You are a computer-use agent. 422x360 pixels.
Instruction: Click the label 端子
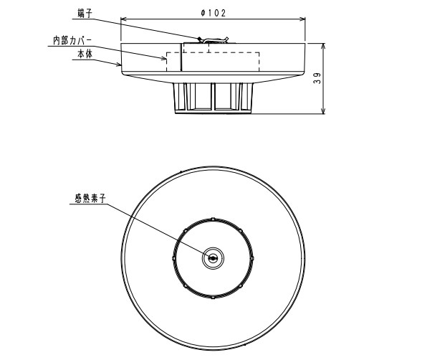pos(85,12)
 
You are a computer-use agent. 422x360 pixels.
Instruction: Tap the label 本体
pos(85,54)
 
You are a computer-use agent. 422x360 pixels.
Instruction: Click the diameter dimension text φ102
pos(214,12)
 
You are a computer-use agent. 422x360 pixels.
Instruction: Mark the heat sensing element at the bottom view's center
pos(213,257)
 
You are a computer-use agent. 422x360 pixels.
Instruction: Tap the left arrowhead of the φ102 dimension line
pos(123,19)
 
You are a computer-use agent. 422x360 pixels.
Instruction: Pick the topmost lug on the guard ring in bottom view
pos(213,217)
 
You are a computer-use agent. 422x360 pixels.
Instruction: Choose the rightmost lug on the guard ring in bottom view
pos(253,257)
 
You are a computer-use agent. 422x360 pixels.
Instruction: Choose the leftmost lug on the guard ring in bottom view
pos(173,257)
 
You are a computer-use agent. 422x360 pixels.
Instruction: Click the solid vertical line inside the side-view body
pos(182,57)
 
